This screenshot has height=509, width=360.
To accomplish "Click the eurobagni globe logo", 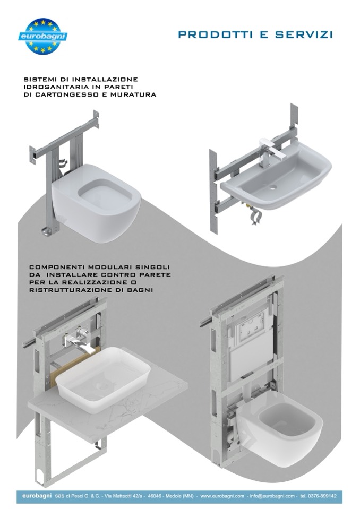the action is [x=43, y=36].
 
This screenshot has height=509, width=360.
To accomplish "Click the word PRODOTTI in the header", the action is [x=215, y=34].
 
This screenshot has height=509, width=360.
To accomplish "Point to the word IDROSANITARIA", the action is [x=57, y=87].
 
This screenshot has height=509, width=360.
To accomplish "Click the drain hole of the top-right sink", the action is [x=273, y=187].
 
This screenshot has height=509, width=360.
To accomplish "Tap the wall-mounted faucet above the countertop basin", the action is [x=78, y=342].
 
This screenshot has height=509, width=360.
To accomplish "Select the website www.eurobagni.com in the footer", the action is [x=222, y=496].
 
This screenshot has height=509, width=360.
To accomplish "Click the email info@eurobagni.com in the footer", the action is [x=272, y=496].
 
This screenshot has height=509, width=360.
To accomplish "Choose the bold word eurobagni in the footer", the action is [x=37, y=496].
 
